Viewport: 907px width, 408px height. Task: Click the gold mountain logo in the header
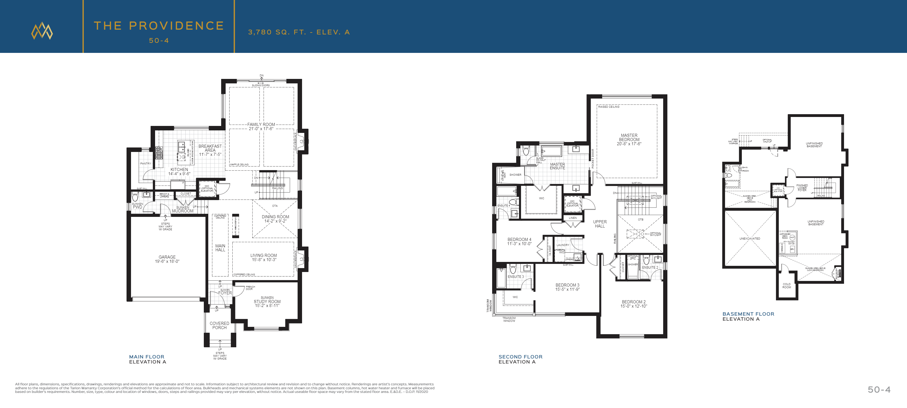click(42, 31)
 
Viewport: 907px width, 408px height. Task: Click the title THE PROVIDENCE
click(159, 26)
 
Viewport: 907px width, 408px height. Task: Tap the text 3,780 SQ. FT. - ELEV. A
click(299, 32)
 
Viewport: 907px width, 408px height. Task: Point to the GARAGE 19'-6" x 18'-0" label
click(167, 259)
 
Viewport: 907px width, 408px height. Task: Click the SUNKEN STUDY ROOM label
click(267, 302)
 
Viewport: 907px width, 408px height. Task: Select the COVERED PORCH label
click(219, 325)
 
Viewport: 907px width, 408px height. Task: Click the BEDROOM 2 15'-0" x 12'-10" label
click(634, 304)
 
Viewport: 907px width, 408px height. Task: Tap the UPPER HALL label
click(600, 224)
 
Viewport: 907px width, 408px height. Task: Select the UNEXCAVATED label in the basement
click(750, 239)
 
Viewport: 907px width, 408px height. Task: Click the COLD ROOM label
click(787, 285)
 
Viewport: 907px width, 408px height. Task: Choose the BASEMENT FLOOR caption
click(748, 314)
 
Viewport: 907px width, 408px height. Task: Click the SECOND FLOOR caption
click(520, 357)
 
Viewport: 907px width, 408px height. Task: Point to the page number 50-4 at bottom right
click(879, 389)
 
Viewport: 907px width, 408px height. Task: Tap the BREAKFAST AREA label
click(210, 150)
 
